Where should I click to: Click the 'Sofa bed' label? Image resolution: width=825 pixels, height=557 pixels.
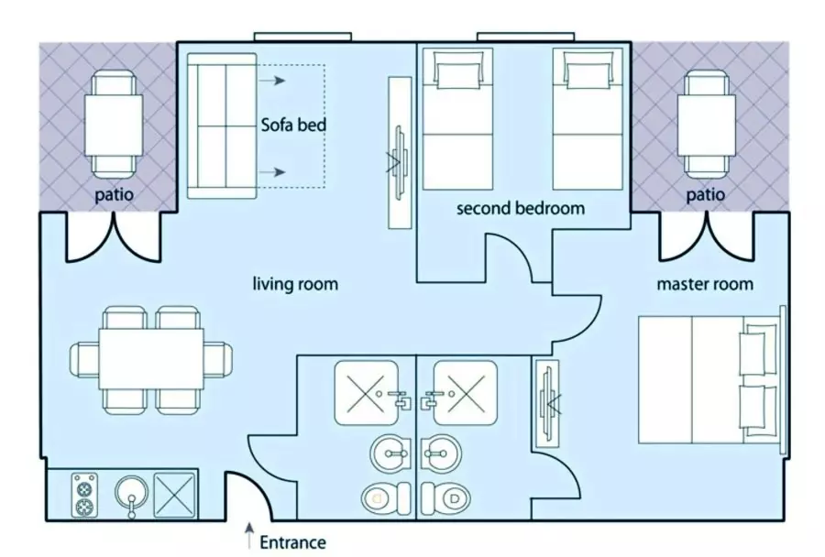[293, 126]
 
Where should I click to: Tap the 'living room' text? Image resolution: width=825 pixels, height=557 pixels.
[295, 284]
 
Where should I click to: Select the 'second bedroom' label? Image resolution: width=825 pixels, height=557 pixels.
[521, 208]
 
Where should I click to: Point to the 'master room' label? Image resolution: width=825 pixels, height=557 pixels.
[705, 284]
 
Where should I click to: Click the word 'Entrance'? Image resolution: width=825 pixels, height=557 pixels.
[293, 542]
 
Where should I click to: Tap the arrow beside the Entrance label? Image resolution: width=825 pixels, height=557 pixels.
[250, 536]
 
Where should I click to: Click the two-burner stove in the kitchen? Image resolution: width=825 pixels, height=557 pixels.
[84, 495]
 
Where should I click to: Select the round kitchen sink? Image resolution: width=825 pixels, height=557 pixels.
[131, 495]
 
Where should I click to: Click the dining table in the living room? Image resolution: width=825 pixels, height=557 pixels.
[151, 359]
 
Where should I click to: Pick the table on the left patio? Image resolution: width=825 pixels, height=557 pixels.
[114, 125]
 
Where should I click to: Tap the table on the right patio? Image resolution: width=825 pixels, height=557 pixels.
[706, 125]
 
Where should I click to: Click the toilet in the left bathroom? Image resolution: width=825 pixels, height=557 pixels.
[386, 497]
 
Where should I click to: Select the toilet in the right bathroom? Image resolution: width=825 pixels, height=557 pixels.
[446, 497]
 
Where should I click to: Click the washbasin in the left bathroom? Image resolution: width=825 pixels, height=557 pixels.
[390, 453]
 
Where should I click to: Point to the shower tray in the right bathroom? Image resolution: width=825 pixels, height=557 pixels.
[465, 392]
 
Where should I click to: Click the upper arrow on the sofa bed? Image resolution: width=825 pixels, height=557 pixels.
[272, 81]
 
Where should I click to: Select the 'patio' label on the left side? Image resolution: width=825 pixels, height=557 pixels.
[115, 194]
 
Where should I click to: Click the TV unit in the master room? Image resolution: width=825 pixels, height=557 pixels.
[546, 404]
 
